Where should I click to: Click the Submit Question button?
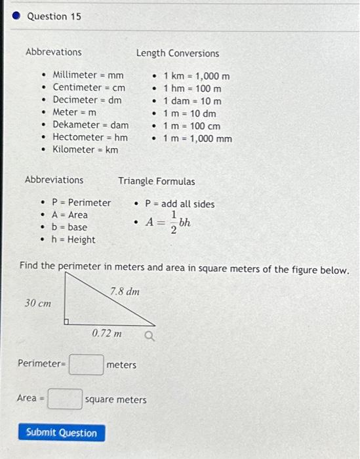coord(61,433)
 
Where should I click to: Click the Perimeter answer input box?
coord(87,364)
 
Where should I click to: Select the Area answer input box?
coord(65,399)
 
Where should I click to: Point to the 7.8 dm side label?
coord(125,290)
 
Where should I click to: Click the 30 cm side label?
coord(38,304)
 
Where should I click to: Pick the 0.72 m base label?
coord(107,334)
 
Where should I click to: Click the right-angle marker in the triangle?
coord(67,321)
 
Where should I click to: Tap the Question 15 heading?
coord(54,16)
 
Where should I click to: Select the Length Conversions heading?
coord(178,53)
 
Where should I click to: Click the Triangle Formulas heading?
coord(156,181)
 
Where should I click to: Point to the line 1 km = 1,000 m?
coord(196,76)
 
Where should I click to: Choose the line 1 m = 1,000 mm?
coord(197,138)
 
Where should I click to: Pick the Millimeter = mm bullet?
coord(88,75)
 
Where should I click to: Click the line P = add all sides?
coord(180,204)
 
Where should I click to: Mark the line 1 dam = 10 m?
coord(192,101)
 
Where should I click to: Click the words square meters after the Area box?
coord(116,399)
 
